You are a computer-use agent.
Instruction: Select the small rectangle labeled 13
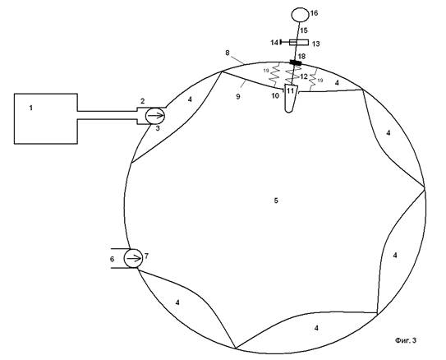[x=299, y=43]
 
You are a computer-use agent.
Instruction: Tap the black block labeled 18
[x=296, y=62]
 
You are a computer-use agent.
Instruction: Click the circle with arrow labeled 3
[x=155, y=116]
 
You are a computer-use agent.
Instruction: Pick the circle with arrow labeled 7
[x=133, y=258]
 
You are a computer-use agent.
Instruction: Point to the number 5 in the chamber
[x=276, y=201]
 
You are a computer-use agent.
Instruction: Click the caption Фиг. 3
[x=406, y=340]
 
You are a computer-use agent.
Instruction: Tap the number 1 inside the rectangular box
[x=31, y=108]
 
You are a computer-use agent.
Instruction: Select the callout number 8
[x=228, y=53]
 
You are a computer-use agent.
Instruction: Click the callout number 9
[x=238, y=96]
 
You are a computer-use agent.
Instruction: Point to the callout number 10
[x=275, y=96]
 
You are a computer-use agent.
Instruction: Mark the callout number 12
[x=304, y=76]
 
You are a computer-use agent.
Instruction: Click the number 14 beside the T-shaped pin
[x=274, y=43]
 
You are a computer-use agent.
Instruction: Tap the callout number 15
[x=304, y=30]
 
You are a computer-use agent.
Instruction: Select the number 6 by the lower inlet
[x=112, y=259]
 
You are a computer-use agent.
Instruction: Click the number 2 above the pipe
[x=142, y=101]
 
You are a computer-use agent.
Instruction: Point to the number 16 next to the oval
[x=315, y=13]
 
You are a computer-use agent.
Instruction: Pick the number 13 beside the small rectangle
[x=316, y=44]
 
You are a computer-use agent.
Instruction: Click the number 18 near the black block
[x=301, y=56]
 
